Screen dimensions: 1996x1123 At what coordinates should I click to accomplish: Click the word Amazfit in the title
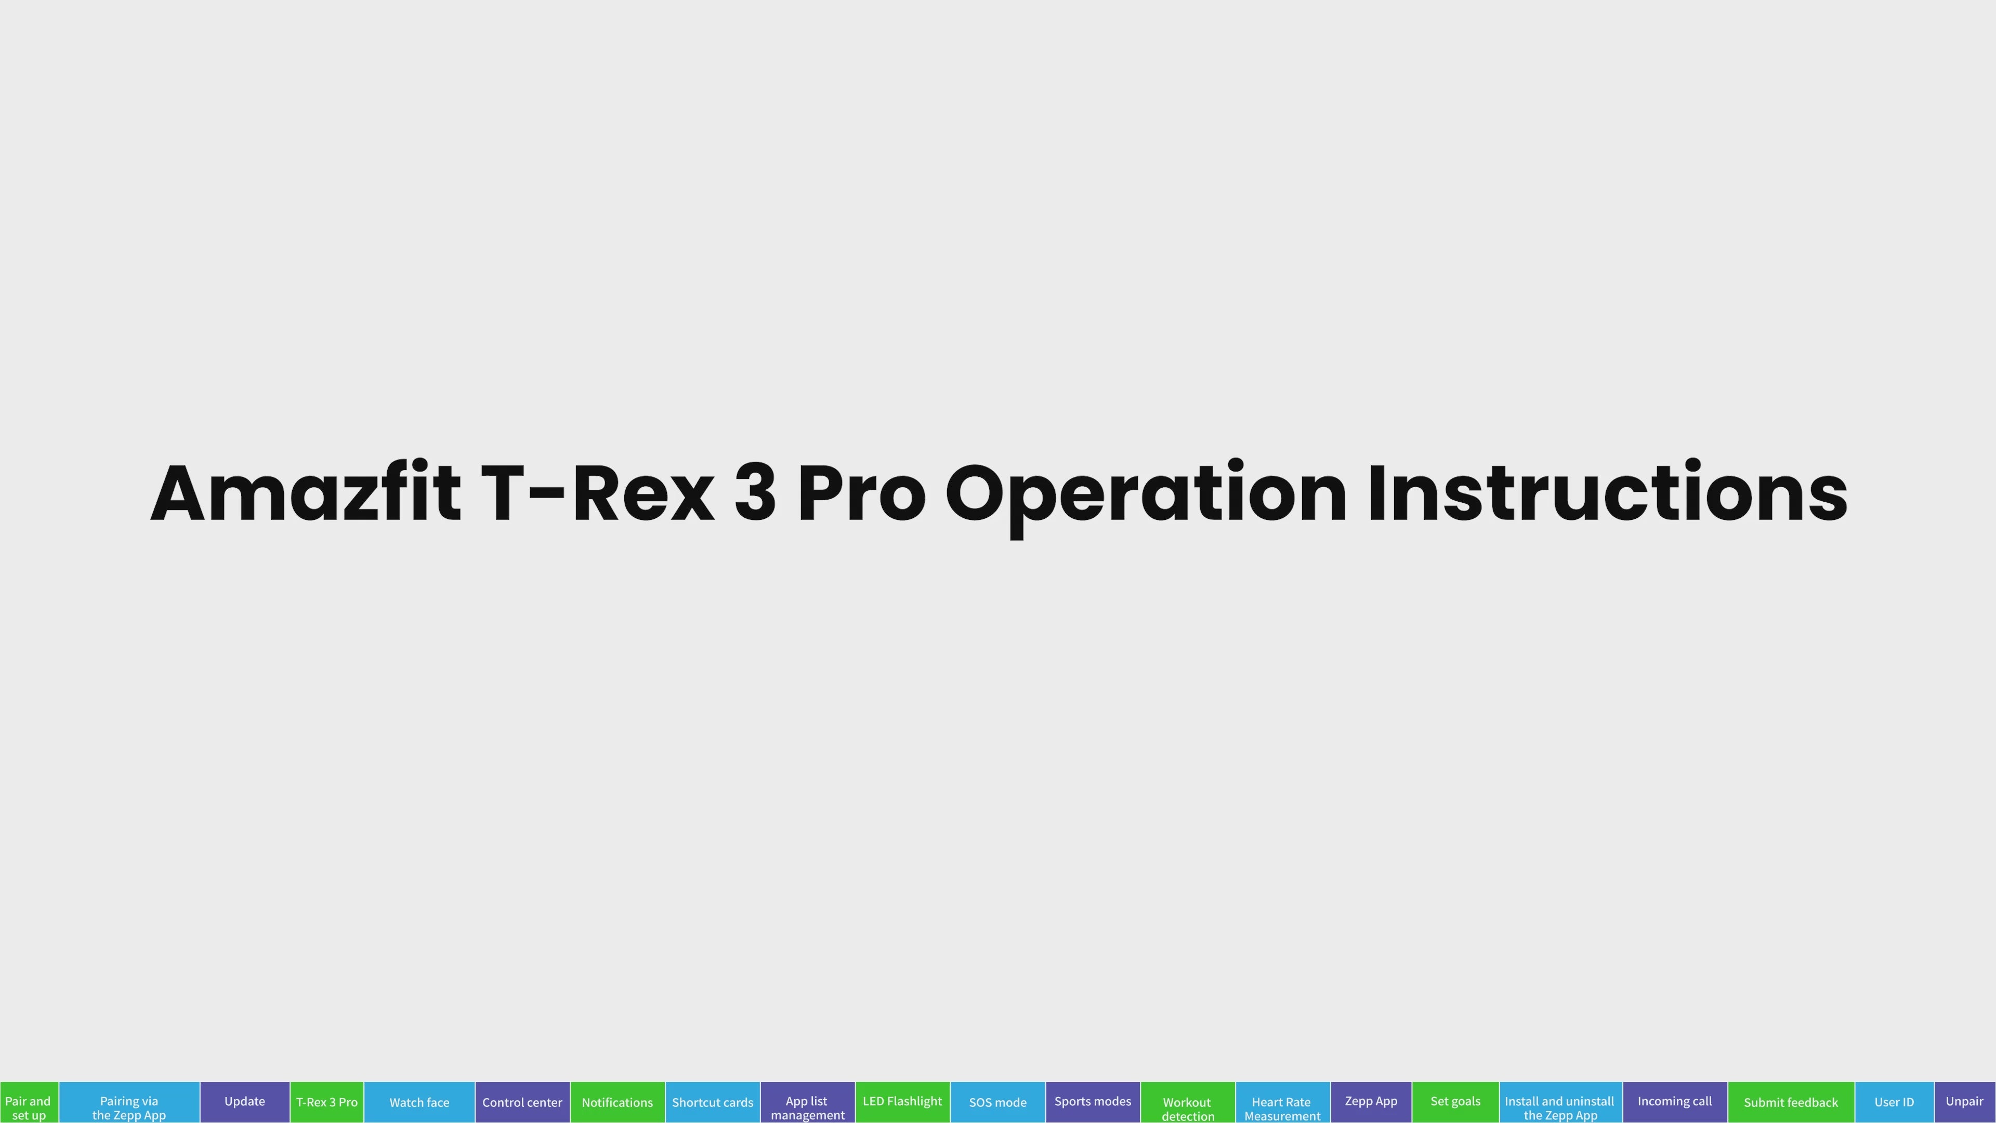coord(306,493)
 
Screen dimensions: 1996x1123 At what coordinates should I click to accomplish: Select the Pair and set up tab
coord(29,1102)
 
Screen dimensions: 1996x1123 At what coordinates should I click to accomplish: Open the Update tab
coord(245,1102)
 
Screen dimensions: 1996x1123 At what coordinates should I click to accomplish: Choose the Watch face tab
coord(419,1102)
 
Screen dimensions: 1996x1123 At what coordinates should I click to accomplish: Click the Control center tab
coord(522,1102)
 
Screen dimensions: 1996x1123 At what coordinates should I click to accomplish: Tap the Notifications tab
coord(618,1102)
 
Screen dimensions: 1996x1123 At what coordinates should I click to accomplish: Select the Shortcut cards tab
coord(713,1102)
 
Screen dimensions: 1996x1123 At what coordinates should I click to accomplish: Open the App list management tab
coord(807,1102)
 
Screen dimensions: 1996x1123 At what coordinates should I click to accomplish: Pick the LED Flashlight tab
coord(903,1102)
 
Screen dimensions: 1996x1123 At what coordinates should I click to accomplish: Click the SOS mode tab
coord(998,1102)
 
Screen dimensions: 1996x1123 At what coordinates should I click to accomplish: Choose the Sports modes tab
coord(1093,1102)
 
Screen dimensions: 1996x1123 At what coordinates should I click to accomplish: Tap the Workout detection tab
coord(1188,1102)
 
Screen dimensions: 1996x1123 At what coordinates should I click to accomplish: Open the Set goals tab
coord(1455,1102)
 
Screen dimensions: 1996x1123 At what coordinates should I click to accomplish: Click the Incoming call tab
coord(1675,1102)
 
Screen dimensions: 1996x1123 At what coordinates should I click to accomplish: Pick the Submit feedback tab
coord(1791,1102)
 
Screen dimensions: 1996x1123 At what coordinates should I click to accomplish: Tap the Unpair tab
coord(1965,1102)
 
